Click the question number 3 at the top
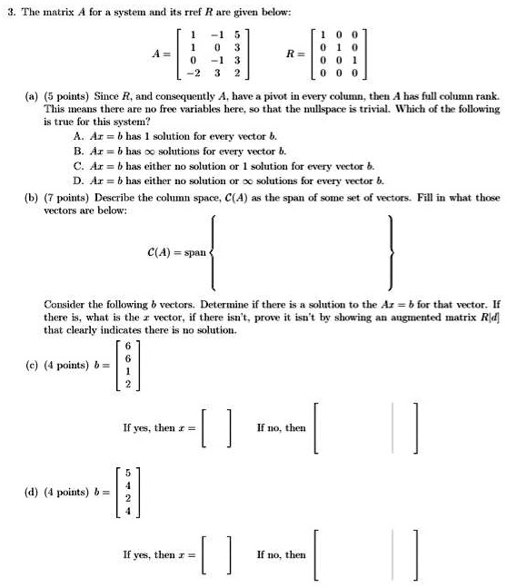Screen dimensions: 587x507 pos(7,10)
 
